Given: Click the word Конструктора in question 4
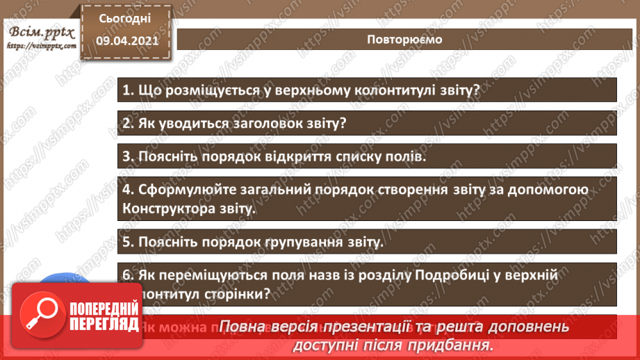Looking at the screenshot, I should tap(169, 208).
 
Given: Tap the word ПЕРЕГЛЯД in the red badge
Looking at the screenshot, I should tap(102, 321).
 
